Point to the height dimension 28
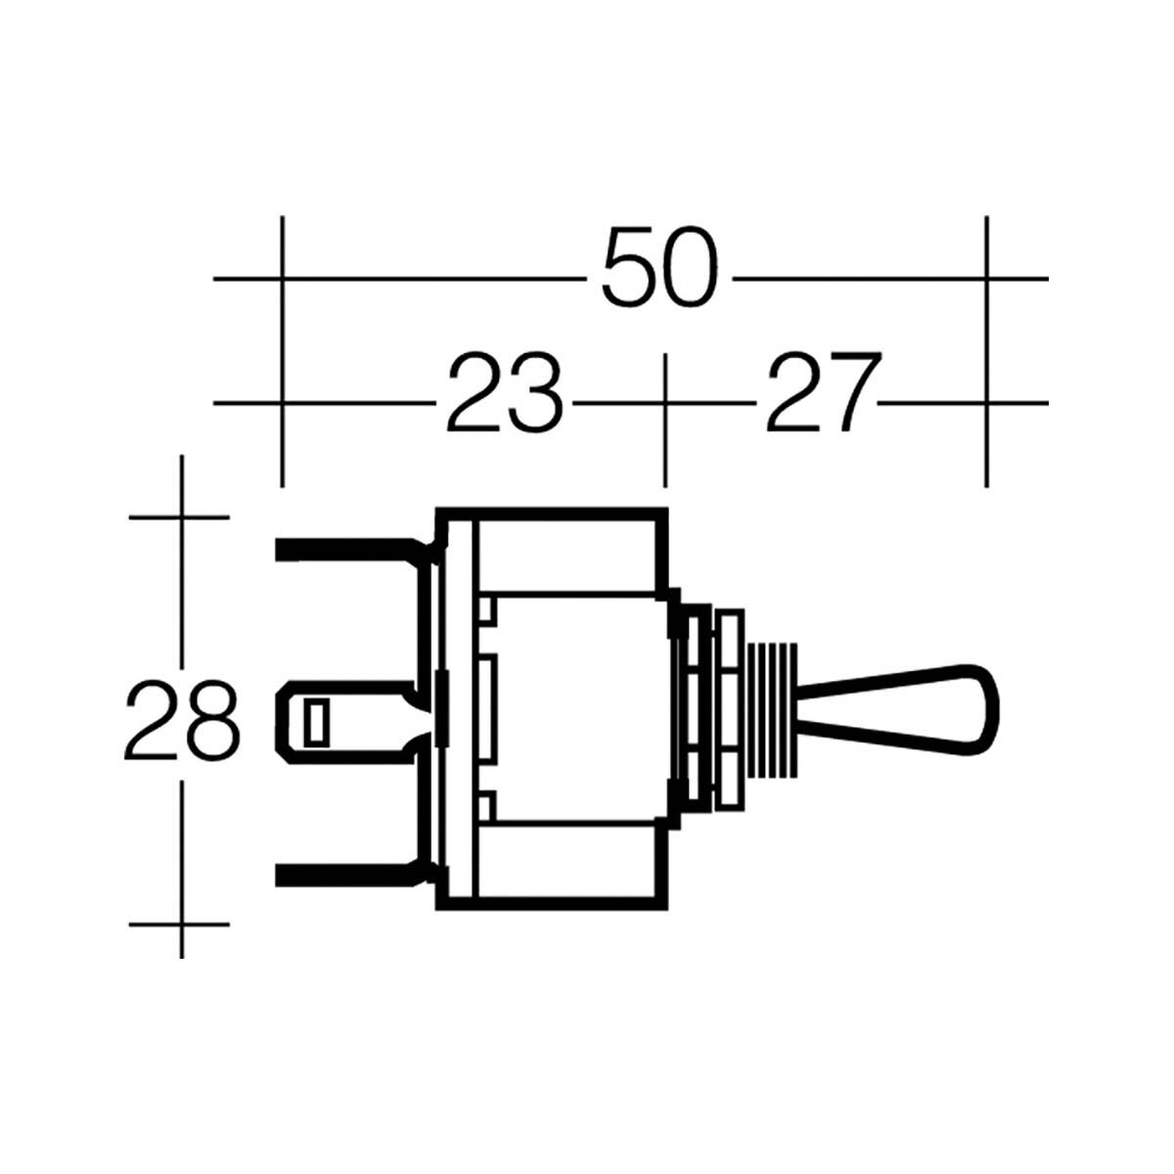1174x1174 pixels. [182, 722]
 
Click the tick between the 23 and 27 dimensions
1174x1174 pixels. [665, 402]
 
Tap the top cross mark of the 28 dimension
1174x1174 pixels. [182, 516]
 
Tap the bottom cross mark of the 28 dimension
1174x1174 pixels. [182, 923]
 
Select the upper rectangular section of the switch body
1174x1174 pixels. [565, 554]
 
